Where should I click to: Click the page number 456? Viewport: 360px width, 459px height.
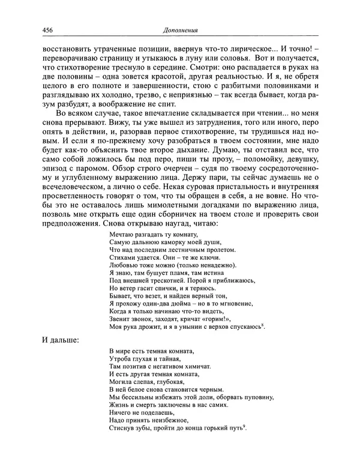(x=49, y=30)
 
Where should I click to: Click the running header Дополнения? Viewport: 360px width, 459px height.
(x=181, y=30)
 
